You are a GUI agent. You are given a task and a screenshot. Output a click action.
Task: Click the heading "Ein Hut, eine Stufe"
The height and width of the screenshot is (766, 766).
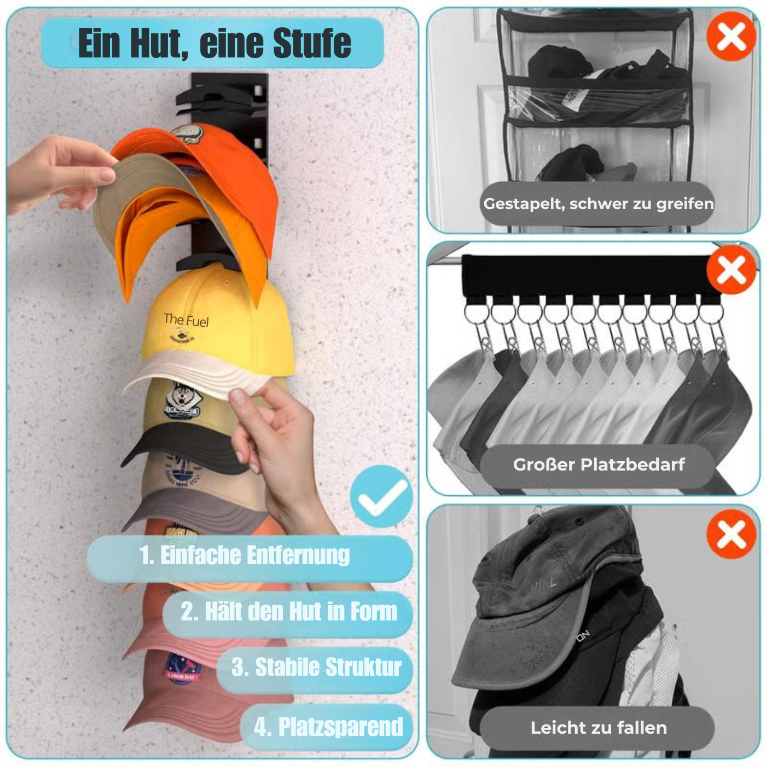click(x=213, y=43)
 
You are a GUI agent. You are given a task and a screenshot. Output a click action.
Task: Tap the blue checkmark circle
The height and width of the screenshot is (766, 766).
click(x=381, y=496)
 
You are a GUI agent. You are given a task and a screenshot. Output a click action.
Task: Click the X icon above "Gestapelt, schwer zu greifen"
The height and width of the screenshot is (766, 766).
click(x=732, y=37)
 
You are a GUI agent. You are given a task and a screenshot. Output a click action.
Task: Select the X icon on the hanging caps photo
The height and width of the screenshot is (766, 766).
click(x=732, y=270)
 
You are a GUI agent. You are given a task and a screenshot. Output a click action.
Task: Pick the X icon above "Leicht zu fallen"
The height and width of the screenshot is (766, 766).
click(x=732, y=534)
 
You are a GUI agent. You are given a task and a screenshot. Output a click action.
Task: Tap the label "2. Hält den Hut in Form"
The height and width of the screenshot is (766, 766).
click(x=289, y=612)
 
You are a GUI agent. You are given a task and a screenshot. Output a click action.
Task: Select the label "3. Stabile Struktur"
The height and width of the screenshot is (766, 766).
click(x=316, y=668)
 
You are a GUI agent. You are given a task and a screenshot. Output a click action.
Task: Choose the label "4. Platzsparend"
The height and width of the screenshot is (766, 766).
click(x=328, y=727)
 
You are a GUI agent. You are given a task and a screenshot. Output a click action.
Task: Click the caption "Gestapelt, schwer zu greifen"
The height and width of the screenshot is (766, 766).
click(x=598, y=204)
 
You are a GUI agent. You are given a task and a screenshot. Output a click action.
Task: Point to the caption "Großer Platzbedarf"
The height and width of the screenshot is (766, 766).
click(x=599, y=465)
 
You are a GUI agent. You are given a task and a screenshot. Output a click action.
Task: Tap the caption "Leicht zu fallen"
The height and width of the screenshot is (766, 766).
click(x=599, y=728)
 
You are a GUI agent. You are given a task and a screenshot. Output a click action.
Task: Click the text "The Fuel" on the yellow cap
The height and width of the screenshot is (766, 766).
click(x=186, y=320)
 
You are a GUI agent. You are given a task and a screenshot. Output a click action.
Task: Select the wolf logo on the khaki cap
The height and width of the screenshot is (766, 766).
click(x=181, y=401)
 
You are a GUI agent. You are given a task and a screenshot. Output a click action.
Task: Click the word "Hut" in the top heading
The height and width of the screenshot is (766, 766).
click(x=155, y=43)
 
